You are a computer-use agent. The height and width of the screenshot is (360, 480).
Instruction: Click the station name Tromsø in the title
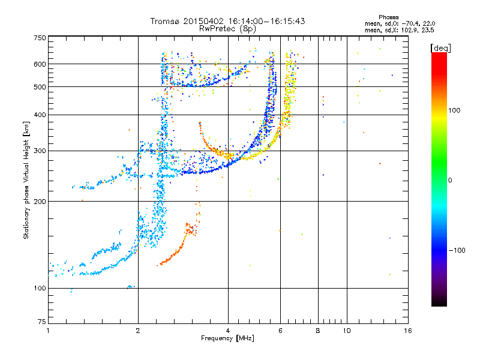point(166,21)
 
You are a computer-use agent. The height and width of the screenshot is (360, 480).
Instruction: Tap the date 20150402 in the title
point(203,21)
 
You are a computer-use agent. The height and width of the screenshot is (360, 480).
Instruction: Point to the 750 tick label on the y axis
point(40,38)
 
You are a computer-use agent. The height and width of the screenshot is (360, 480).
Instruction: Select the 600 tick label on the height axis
point(40,64)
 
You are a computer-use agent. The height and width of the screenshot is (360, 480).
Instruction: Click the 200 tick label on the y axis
point(40,202)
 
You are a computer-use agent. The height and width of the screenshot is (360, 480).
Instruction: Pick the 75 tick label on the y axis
point(42,322)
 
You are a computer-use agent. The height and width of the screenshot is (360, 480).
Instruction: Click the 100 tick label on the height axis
point(40,288)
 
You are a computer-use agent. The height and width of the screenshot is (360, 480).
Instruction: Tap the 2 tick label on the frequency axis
point(138,331)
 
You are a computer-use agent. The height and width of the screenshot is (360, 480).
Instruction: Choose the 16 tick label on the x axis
point(408,331)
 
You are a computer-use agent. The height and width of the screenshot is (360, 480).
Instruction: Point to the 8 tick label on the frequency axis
point(318,331)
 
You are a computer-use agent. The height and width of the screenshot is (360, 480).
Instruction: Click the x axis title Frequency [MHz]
point(227,338)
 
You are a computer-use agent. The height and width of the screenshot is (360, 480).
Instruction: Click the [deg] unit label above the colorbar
point(440,48)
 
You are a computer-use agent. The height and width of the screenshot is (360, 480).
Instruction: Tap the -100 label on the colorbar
point(457,250)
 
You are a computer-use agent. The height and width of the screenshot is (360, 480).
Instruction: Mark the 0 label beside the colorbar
point(450,180)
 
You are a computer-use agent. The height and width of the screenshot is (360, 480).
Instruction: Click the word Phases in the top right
point(388,17)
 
